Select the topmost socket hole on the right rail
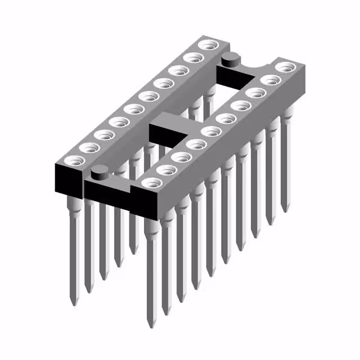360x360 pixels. [x=286, y=67]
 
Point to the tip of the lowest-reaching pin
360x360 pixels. [x=150, y=327]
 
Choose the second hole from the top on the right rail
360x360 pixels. [x=271, y=80]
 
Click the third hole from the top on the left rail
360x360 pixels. [x=179, y=69]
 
